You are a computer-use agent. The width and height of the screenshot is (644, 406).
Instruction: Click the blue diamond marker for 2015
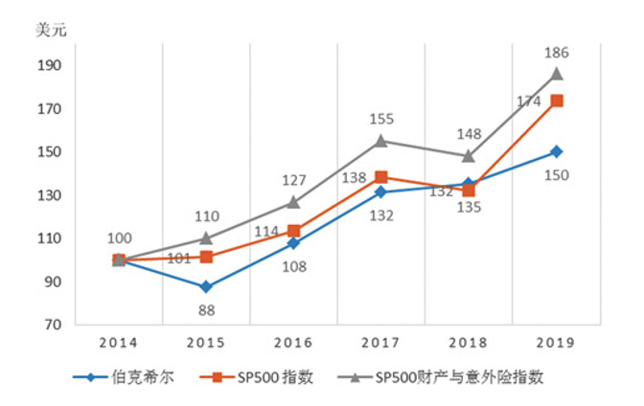[x=206, y=286]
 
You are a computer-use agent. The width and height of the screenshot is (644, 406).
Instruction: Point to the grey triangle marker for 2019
[x=556, y=74]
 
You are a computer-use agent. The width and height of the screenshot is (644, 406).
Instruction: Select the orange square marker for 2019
[x=556, y=101]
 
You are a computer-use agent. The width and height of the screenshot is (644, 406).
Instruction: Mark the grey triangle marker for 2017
[x=380, y=141]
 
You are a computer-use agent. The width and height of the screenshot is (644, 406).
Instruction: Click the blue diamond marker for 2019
[x=556, y=151]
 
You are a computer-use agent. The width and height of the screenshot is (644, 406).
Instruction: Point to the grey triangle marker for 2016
[x=293, y=202]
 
